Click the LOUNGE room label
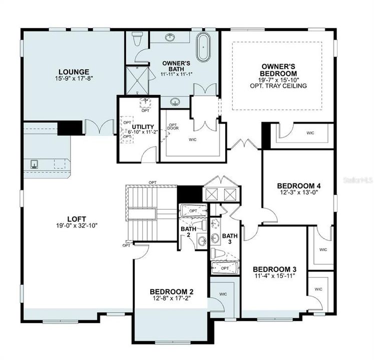pos(73,71)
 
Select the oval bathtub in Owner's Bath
pos(203,47)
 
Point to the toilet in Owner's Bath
pos(137,39)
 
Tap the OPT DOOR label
pos(173,127)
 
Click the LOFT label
pos(76,218)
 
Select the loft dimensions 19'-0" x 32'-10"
pos(76,225)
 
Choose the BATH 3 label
pos(230,238)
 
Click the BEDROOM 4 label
pos(299,185)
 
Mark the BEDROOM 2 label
pos(172,291)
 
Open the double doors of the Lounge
pos(99,127)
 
